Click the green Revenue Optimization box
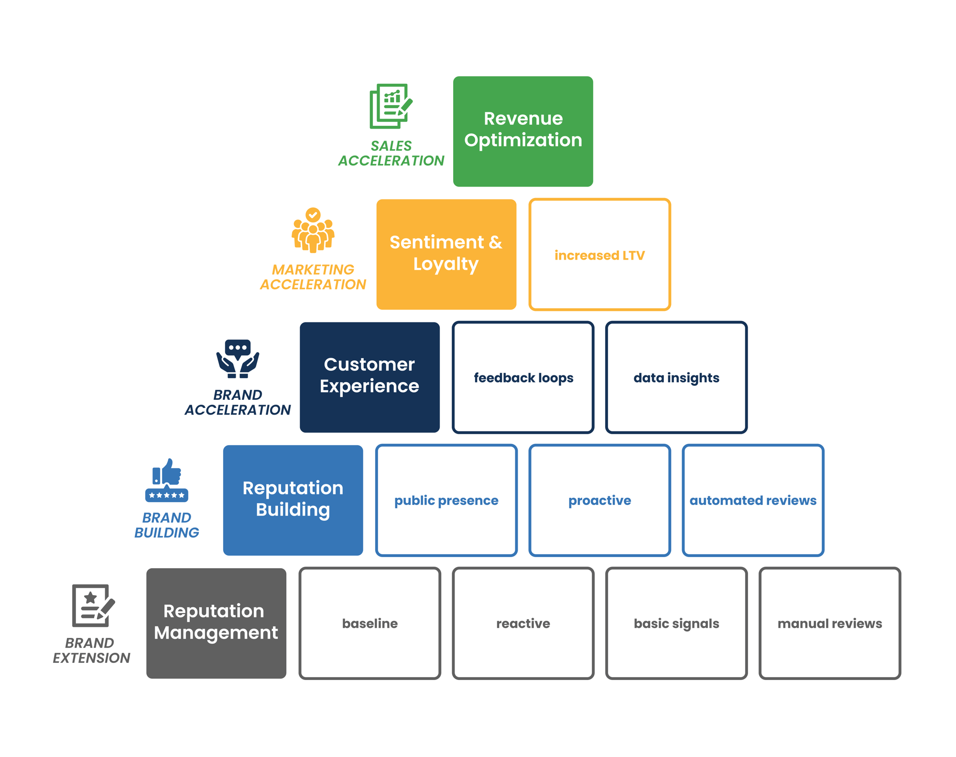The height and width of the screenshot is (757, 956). pyautogui.click(x=523, y=132)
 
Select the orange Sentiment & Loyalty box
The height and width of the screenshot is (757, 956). pyautogui.click(x=446, y=254)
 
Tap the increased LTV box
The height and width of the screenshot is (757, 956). pyautogui.click(x=599, y=254)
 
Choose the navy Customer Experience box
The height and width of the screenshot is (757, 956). pyautogui.click(x=369, y=377)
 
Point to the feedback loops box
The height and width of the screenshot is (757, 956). pyautogui.click(x=523, y=377)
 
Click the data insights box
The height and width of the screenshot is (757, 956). pyautogui.click(x=676, y=377)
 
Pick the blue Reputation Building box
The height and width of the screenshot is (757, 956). pyautogui.click(x=293, y=500)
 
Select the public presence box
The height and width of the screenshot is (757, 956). pyautogui.click(x=446, y=500)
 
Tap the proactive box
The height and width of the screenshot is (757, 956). pyautogui.click(x=599, y=500)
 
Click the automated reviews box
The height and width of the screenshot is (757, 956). pyautogui.click(x=753, y=500)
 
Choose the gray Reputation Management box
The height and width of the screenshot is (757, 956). pyautogui.click(x=216, y=623)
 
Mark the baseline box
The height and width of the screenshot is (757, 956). pyautogui.click(x=369, y=623)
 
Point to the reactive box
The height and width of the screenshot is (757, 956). pyautogui.click(x=523, y=623)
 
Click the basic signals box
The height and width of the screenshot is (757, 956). pyautogui.click(x=676, y=623)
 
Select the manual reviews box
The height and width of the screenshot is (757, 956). pyautogui.click(x=829, y=623)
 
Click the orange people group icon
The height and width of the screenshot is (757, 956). pyautogui.click(x=313, y=230)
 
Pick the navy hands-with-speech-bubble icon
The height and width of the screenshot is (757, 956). pyautogui.click(x=238, y=359)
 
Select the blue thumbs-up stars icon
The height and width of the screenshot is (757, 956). pyautogui.click(x=166, y=481)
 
